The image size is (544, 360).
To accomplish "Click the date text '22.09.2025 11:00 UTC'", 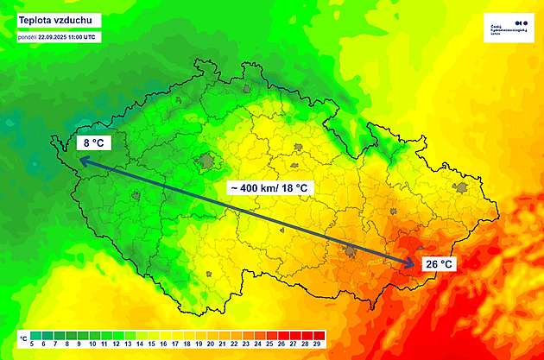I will coord(68,37).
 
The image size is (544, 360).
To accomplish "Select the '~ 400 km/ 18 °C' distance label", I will coord(269,187).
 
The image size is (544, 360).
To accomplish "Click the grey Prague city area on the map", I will coord(207,161).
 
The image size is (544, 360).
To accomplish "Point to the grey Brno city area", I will coord(351,252).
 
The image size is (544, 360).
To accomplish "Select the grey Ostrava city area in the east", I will coord(462,187).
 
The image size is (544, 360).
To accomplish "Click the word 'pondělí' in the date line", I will coord(26,37).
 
